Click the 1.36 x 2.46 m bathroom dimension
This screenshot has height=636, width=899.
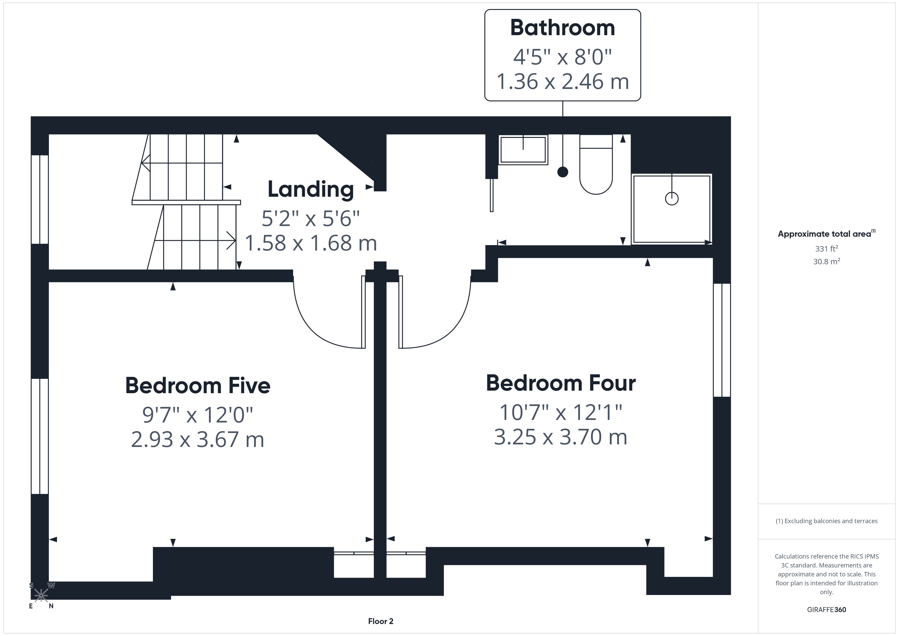[x=563, y=82]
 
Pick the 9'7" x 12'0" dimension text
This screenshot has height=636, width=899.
[x=198, y=415]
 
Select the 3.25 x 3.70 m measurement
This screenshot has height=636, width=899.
[x=561, y=437]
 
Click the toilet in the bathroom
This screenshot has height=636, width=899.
[x=596, y=165]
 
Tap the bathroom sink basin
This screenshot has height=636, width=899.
[x=523, y=149]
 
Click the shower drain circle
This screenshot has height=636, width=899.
[x=672, y=198]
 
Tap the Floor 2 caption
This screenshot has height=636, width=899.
[x=381, y=621]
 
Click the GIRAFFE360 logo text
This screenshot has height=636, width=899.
[x=827, y=610]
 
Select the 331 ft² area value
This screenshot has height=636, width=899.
[x=827, y=249]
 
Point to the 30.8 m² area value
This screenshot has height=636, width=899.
[x=827, y=261]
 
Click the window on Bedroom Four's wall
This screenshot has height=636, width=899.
[x=722, y=340]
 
